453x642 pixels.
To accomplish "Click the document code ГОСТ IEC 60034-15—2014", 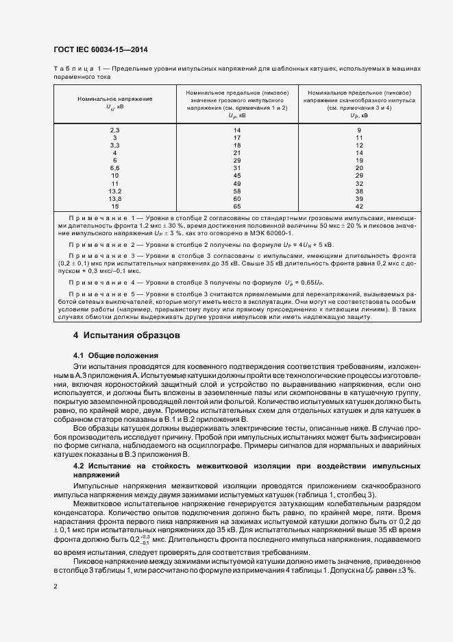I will coord(100,50).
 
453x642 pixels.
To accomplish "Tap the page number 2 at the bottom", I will coord(55,586).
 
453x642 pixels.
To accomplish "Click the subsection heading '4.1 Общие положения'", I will coord(115,355).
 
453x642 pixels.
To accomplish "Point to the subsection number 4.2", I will coord(79,466).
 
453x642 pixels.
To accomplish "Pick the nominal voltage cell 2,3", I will coord(114,130).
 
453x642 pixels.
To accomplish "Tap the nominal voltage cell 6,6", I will coord(114,167).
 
